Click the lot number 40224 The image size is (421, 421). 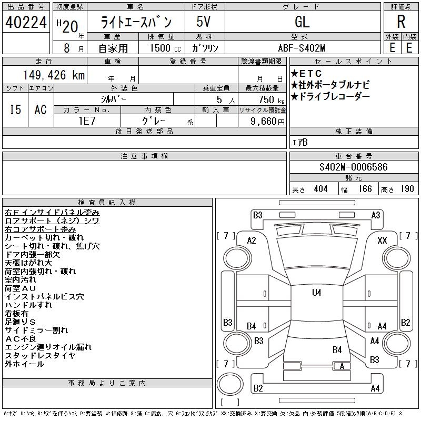(26, 22)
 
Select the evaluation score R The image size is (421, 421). (400, 22)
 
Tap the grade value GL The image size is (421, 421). (302, 22)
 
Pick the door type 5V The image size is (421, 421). (204, 22)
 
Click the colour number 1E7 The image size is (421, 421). (87, 121)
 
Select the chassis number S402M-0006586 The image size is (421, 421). (353, 167)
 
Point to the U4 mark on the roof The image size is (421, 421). (316, 293)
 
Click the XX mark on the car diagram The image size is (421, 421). (383, 240)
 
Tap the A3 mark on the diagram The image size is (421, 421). (376, 215)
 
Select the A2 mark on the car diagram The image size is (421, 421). (252, 240)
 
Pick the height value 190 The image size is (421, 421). (407, 189)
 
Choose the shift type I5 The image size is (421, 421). (15, 109)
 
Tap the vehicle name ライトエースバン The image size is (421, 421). (136, 22)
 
